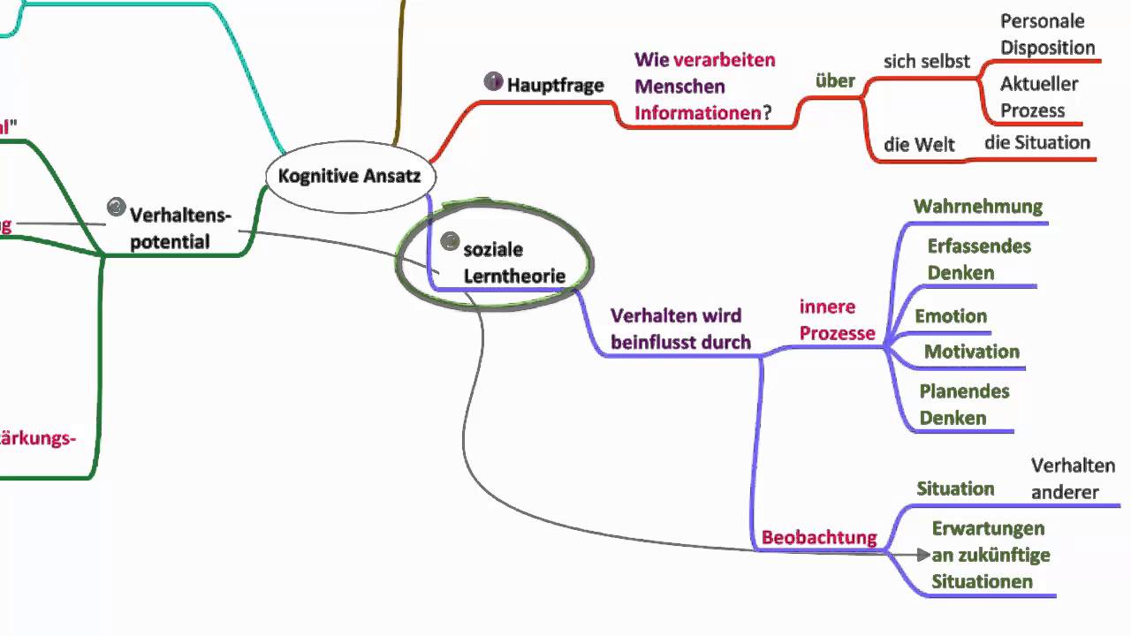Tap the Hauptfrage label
point(555,85)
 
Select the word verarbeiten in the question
point(725,60)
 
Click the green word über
point(835,81)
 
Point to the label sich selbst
point(926,61)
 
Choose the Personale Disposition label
point(1047,34)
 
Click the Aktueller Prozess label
point(1038,97)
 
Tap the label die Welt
point(919,145)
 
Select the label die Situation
point(1037,142)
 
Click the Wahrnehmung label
point(978,207)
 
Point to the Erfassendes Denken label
point(979,259)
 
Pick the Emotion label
point(951,316)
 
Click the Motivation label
point(972,352)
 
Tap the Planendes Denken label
point(964,405)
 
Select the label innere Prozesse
point(837,320)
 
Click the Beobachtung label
point(819,537)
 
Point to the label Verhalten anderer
point(1073,479)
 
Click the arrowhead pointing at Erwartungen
point(923,555)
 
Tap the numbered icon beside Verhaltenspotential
point(116,207)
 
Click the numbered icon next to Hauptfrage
point(493,81)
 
